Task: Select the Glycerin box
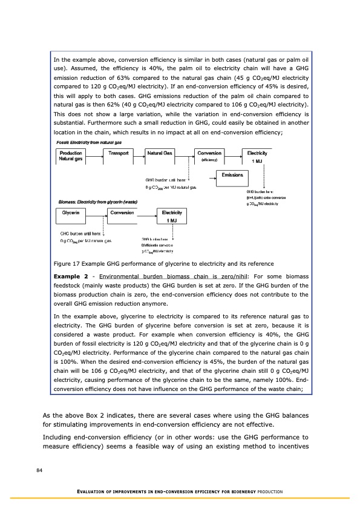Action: tap(74, 215)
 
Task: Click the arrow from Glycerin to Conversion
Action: tap(98, 215)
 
